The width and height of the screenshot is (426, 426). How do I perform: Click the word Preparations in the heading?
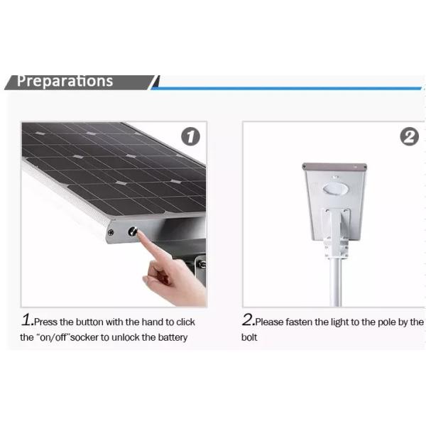(x=65, y=81)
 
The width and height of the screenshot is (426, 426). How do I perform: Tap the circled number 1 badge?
(x=190, y=136)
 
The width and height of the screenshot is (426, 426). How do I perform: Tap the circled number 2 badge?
(x=409, y=136)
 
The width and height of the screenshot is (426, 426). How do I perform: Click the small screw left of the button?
(x=111, y=232)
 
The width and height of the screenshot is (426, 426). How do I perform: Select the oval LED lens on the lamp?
(x=335, y=189)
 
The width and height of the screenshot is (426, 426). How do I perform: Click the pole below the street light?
(x=336, y=283)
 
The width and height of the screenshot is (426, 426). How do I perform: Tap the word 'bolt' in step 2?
(x=249, y=337)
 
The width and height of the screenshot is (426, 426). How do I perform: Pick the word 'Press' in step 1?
(x=46, y=322)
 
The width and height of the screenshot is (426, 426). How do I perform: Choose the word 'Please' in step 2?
(x=270, y=322)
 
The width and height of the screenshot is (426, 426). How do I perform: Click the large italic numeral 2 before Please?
(x=248, y=319)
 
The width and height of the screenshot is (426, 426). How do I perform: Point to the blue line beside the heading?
(x=287, y=88)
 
